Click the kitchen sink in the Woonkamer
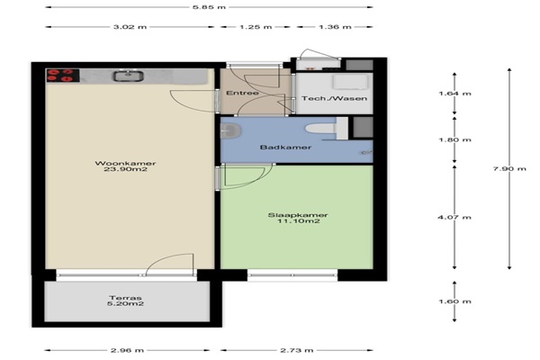pos(128,76)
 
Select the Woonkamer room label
pos(125,163)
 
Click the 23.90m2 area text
pos(125,169)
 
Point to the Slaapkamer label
pos(298,215)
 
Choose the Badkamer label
pos(285,147)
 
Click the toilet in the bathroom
pos(320,129)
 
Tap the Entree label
pos(242,93)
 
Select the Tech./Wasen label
pos(335,98)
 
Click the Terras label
pos(125,298)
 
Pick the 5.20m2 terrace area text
pos(125,304)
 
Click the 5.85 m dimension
pos(209,7)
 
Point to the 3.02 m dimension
pos(130,27)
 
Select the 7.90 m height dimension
pos(509,168)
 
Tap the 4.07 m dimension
pos(454,218)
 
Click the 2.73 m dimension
pos(296,350)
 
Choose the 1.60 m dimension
pos(454,301)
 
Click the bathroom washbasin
pos(230,130)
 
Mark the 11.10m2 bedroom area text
pos(299,221)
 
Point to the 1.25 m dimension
pos(256,27)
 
